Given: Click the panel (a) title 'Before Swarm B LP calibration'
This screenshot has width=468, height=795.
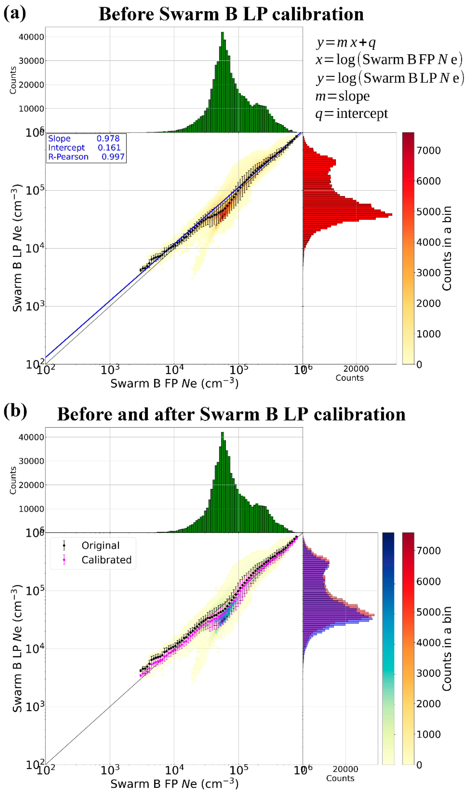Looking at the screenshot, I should point(231,14).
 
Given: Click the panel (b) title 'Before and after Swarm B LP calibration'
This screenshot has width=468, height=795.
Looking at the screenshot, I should point(231,414).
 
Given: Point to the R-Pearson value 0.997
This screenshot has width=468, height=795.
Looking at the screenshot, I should point(113,157).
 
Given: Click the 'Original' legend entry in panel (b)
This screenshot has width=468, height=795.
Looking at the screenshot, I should point(100,545).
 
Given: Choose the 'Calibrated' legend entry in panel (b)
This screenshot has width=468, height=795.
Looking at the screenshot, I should point(106,560).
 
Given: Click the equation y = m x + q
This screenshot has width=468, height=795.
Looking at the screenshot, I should point(346,42).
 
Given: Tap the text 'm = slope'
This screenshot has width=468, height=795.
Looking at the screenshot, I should point(342,96).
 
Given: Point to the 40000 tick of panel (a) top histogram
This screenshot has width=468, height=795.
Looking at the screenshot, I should point(31,37).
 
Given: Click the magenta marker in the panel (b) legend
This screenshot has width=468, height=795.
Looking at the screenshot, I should point(64,560).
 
